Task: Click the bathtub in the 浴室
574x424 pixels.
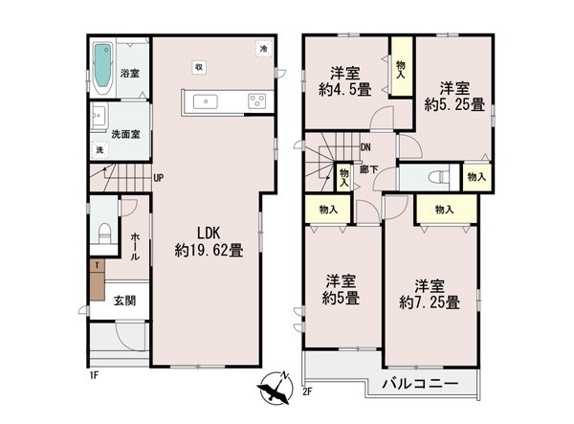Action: click(102, 68)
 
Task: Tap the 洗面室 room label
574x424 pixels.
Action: click(125, 134)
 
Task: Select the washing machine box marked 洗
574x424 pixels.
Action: click(99, 149)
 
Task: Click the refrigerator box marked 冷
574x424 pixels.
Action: click(264, 48)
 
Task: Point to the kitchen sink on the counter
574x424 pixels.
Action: click(205, 101)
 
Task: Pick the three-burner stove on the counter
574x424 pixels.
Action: click(257, 101)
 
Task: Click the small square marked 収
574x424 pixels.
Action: click(199, 67)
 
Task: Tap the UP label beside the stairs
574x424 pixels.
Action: click(159, 178)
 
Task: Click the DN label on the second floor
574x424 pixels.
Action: click(365, 147)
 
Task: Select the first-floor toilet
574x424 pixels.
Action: click(104, 234)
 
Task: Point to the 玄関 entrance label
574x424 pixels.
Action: click(124, 301)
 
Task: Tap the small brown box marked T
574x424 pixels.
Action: click(97, 265)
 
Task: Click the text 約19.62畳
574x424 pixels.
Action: click(209, 251)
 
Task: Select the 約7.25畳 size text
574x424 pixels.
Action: click(430, 302)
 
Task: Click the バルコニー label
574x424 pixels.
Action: click(420, 384)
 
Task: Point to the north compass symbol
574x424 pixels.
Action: click(275, 388)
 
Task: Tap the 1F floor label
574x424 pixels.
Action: click(94, 375)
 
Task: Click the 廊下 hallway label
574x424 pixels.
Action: click(368, 169)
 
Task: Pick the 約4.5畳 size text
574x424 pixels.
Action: click(344, 89)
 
